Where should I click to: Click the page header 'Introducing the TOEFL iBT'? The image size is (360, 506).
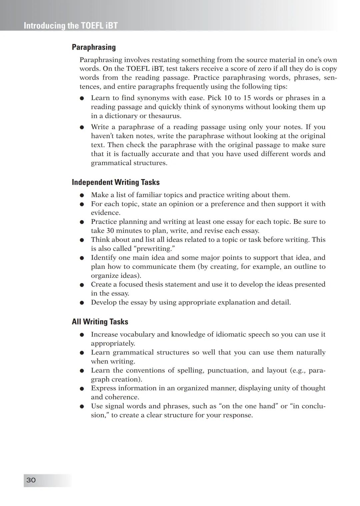71,26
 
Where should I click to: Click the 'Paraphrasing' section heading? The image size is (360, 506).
94,47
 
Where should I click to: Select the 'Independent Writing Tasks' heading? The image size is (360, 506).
116,182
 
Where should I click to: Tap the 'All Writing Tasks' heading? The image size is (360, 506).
100,322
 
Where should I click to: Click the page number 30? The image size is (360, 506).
31,480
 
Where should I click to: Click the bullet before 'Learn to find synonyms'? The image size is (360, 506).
82,99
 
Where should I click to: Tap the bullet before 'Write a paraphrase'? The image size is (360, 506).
82,128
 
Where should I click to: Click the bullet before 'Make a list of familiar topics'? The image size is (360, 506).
82,196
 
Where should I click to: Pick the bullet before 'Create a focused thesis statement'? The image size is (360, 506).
82,285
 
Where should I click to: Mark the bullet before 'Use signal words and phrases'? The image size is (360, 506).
82,407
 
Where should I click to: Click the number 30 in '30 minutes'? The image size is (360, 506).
110,231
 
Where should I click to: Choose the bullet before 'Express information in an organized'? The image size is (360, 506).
82,389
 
